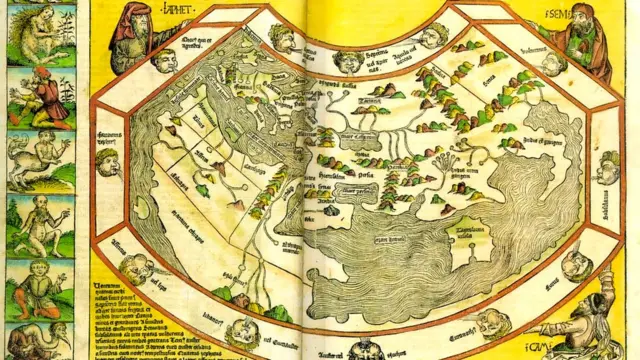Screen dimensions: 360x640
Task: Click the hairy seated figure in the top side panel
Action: point(40,34)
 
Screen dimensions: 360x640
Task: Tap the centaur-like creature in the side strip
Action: point(40,159)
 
